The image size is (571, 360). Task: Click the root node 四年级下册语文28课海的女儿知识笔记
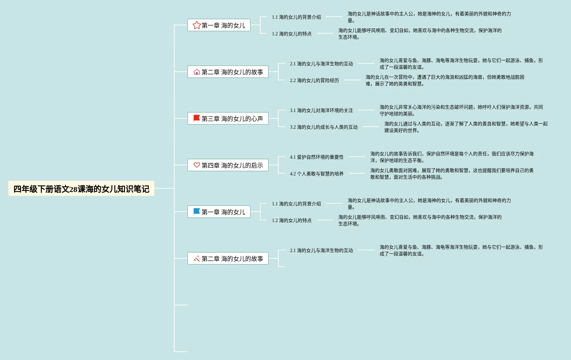point(81,189)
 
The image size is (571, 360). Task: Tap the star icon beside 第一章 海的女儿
point(197,25)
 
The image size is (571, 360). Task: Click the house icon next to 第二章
point(197,72)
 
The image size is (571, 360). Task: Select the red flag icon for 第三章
point(197,118)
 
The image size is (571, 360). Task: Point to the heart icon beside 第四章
point(197,165)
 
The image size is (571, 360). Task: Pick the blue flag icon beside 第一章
point(197,212)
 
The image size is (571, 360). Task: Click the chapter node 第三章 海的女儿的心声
point(228,119)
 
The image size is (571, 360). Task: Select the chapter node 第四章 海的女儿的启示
point(228,165)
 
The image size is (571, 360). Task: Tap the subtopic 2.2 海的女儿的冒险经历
point(314,80)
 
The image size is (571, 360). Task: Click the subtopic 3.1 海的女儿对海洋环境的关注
point(321,110)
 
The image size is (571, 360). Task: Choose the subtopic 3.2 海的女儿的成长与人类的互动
point(323,127)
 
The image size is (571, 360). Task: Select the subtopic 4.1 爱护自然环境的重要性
point(316,157)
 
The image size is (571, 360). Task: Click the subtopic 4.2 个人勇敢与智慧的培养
point(316,174)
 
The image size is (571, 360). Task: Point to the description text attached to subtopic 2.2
point(445,80)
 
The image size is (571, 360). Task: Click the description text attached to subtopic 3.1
point(461,110)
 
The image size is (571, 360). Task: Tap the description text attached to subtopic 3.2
point(466,127)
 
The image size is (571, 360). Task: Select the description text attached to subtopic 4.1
point(452,157)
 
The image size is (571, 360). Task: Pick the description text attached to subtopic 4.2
point(452,174)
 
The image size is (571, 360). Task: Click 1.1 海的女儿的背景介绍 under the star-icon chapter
point(296,17)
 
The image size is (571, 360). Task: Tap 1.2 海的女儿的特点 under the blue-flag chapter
point(291,220)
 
